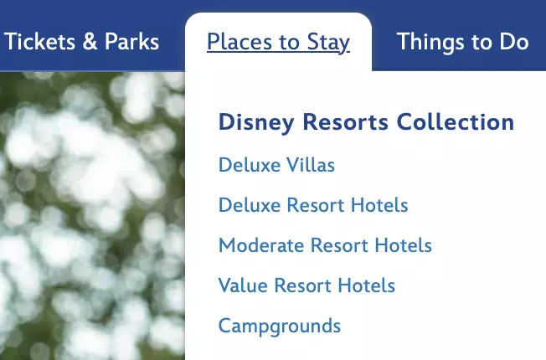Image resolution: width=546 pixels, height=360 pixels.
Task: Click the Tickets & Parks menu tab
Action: click(x=81, y=41)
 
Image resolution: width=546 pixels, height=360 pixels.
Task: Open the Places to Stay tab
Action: click(x=278, y=43)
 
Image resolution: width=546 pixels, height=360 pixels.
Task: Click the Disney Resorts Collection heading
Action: click(x=366, y=123)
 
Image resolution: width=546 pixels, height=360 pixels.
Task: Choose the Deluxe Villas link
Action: click(x=276, y=165)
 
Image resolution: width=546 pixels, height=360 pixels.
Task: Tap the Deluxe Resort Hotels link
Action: click(x=313, y=205)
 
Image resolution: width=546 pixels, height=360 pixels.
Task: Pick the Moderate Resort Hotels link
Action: click(x=325, y=245)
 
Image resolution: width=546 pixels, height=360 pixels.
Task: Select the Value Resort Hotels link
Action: click(x=306, y=285)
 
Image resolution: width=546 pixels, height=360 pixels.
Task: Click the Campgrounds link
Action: click(x=279, y=327)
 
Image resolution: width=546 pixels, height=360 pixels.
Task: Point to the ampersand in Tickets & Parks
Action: click(x=90, y=41)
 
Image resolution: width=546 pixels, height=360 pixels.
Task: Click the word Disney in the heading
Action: click(x=256, y=123)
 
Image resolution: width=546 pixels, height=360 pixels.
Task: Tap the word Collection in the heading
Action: click(x=456, y=122)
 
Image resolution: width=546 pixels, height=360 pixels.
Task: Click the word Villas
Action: click(x=310, y=165)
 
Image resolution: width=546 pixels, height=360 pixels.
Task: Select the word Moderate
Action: click(x=261, y=245)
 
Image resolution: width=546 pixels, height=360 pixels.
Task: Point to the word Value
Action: click(x=243, y=285)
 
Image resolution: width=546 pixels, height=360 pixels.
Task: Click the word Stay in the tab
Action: click(x=328, y=43)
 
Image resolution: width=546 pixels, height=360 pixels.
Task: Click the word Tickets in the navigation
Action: click(x=39, y=41)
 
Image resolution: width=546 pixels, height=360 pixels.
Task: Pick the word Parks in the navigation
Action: click(x=132, y=41)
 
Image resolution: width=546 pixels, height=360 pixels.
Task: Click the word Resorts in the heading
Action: click(x=345, y=122)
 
